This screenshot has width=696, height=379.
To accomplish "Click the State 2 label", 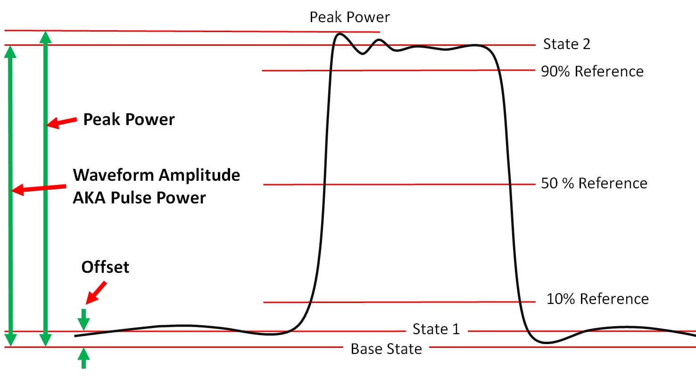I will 566,44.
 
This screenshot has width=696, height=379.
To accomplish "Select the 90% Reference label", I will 592,71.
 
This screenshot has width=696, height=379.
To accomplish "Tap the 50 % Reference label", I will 594,183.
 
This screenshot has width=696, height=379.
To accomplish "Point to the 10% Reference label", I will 597,299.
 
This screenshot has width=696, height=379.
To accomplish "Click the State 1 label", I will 436,329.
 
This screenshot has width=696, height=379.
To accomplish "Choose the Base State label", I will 386,349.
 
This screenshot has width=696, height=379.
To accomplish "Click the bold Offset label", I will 105,267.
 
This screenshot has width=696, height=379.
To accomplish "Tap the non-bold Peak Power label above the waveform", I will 349,17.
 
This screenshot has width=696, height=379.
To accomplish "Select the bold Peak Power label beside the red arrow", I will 129,119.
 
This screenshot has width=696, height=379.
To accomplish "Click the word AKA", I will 90,197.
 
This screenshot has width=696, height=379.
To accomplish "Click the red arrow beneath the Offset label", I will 96,292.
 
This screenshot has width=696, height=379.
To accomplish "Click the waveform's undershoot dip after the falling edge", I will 546,342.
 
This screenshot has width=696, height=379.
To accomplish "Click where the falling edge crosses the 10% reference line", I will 520,302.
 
